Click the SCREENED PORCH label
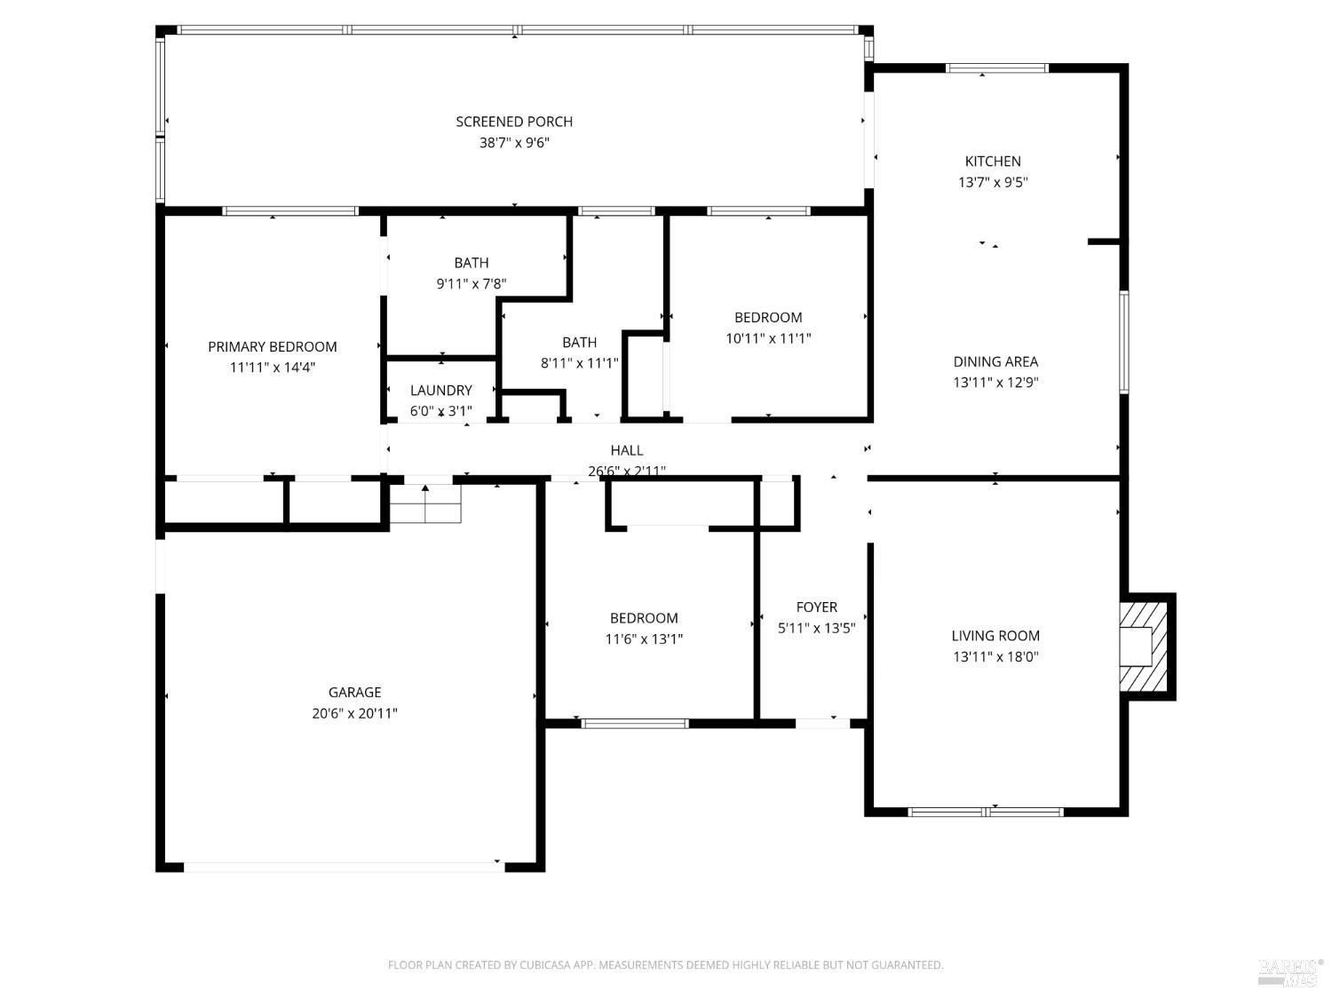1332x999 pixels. point(514,122)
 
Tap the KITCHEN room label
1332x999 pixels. point(993,162)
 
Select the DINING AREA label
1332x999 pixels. point(995,361)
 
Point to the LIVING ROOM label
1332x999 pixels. point(995,636)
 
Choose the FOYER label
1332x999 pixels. point(816,607)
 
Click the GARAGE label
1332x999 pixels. point(354,692)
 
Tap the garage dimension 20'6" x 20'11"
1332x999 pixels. point(354,713)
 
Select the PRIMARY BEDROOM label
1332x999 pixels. point(272,346)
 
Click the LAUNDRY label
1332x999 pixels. point(440,390)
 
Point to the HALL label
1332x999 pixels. point(626,450)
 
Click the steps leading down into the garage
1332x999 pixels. point(424,503)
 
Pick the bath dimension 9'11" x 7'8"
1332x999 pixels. point(471,283)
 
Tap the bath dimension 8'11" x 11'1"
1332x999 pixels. point(579,362)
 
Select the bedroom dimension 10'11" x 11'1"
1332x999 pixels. point(768,337)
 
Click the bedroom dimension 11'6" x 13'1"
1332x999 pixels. point(643,638)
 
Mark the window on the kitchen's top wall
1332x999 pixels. point(997,68)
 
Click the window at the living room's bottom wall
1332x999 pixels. point(986,812)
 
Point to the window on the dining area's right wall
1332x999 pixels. point(1124,342)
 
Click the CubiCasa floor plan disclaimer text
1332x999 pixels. point(666,964)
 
